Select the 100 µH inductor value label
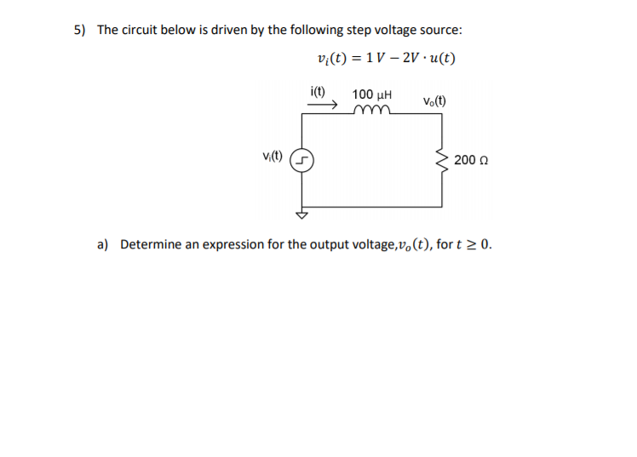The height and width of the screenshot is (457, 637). [x=371, y=92]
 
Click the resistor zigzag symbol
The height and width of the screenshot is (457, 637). [x=442, y=159]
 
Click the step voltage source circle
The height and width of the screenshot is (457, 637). [x=302, y=160]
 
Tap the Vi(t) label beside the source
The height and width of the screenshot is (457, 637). [x=273, y=156]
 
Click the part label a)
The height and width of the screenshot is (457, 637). [x=103, y=245]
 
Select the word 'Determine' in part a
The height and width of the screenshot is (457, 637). [x=149, y=245]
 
